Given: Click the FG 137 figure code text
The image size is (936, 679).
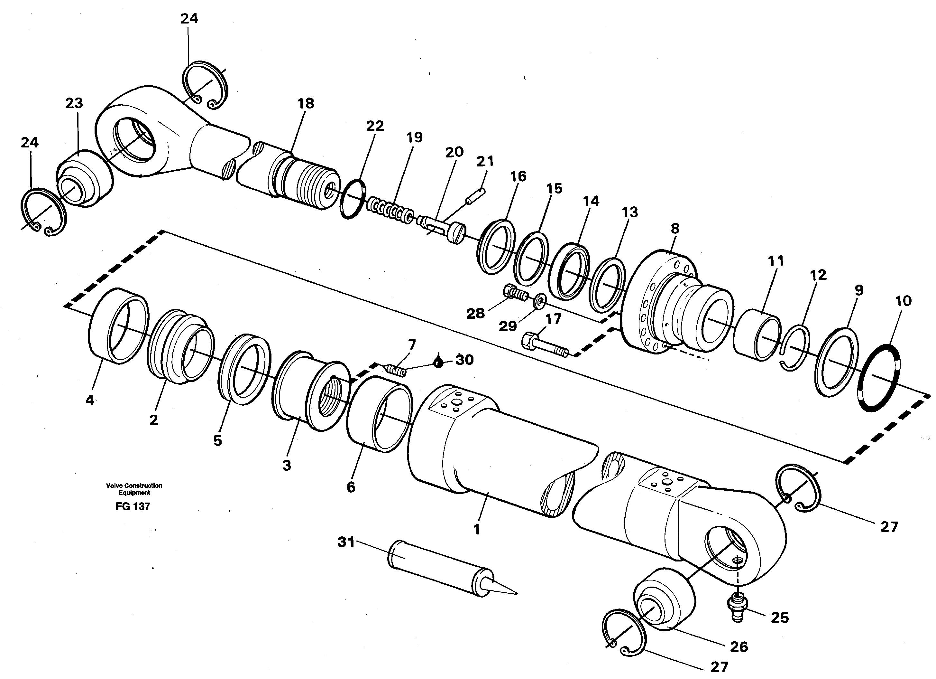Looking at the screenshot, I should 133,507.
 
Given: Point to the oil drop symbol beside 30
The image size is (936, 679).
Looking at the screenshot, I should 439,362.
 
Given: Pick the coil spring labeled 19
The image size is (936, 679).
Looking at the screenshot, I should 390,211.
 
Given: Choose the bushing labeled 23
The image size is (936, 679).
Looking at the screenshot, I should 85,180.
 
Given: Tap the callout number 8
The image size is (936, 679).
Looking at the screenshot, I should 675,228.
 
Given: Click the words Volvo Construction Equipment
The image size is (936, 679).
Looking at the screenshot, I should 134,489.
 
